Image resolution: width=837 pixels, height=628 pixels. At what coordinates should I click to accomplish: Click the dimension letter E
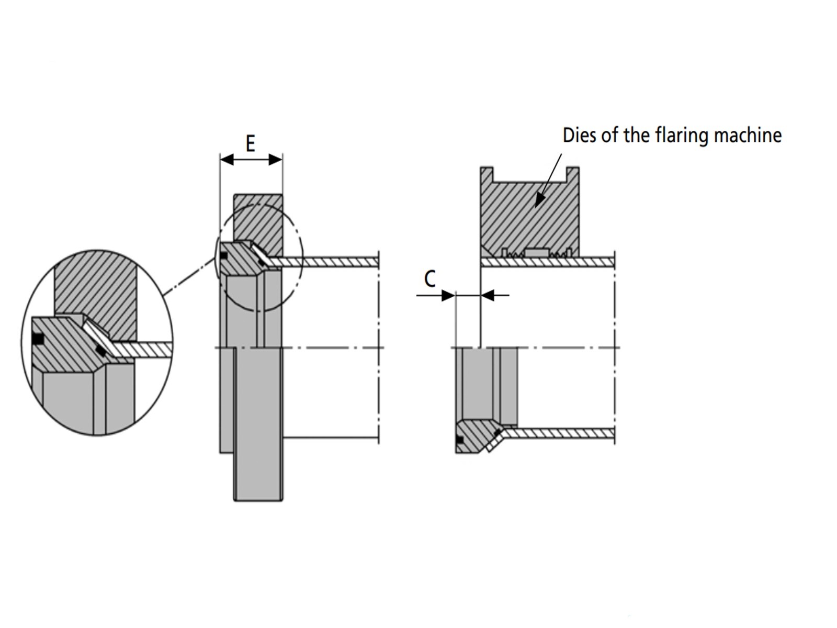(250, 144)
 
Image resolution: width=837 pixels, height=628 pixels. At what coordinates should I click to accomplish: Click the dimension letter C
(430, 279)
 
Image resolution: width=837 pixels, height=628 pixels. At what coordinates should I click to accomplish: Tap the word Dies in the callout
(580, 136)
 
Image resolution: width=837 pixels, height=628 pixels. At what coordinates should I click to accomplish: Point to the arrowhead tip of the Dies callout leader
(536, 207)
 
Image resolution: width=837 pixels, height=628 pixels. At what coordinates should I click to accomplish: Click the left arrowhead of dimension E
(227, 160)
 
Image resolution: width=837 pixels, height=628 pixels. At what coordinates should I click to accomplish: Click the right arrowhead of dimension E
(276, 160)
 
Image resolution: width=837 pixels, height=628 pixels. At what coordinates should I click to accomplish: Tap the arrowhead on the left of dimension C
(448, 295)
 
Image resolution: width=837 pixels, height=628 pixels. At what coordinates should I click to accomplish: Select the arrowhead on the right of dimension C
(488, 295)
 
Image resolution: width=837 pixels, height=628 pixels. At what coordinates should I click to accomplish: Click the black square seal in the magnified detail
(38, 338)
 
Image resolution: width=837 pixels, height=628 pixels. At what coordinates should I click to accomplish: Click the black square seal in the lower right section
(460, 440)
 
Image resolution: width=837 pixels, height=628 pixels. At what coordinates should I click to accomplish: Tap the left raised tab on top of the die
(487, 175)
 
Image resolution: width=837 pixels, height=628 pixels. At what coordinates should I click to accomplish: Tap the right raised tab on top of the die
(573, 175)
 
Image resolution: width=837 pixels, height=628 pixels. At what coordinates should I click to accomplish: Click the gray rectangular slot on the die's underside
(537, 252)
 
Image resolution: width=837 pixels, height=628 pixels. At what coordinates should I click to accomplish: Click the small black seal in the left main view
(224, 256)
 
